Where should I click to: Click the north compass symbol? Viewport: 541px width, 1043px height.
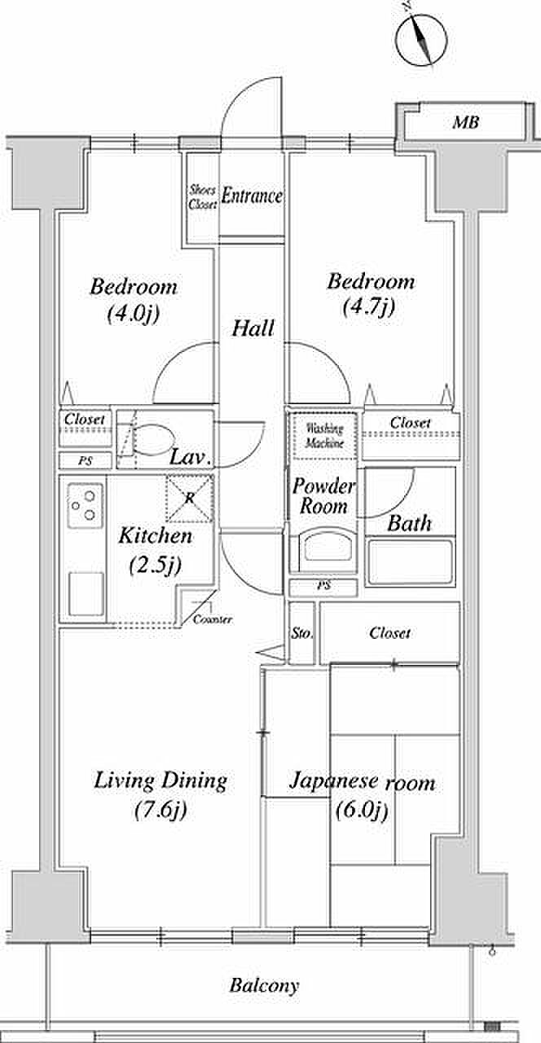click(422, 38)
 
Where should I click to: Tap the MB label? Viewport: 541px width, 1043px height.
click(466, 123)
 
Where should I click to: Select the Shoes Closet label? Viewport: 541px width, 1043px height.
click(203, 197)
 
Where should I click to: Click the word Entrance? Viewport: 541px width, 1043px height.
click(252, 196)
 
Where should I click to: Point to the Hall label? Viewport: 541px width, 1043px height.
click(253, 328)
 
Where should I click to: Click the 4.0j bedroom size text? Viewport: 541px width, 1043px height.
click(134, 315)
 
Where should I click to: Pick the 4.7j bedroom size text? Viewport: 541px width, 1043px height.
click(369, 307)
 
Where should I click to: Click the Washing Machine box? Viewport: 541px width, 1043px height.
click(324, 436)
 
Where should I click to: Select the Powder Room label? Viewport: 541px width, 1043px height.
click(323, 496)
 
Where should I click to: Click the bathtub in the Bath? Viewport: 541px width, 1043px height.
click(410, 561)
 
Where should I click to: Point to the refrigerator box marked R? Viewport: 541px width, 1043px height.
click(190, 498)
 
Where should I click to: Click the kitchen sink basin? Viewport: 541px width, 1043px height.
click(86, 594)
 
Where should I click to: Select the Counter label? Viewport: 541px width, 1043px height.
click(213, 620)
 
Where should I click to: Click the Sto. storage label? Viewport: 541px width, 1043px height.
click(301, 633)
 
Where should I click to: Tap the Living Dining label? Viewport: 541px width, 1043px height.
click(161, 781)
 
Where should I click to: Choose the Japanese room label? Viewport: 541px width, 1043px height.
click(363, 782)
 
